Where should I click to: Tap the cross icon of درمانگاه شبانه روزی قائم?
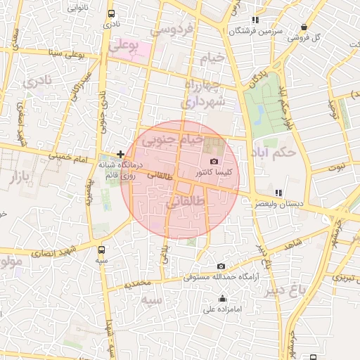tap(121, 153)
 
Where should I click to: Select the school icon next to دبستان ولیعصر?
tap(278, 192)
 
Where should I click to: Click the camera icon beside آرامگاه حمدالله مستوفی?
tap(221, 266)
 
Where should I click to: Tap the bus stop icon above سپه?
tap(103, 249)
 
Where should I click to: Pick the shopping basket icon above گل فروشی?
tap(304, 27)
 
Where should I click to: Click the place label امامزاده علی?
tap(222, 309)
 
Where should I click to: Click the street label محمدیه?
tap(138, 283)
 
